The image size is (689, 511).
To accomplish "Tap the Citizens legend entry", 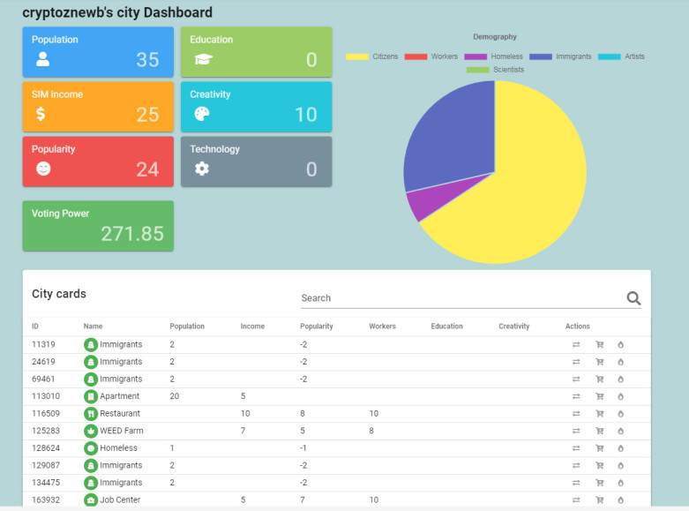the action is pyautogui.click(x=371, y=56).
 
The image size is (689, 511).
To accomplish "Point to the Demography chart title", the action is pyautogui.click(x=495, y=37).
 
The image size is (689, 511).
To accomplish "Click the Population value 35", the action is pyautogui.click(x=147, y=60).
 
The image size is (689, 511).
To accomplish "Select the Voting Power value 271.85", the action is pyautogui.click(x=132, y=234).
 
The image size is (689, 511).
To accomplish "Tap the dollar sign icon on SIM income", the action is pyautogui.click(x=41, y=114).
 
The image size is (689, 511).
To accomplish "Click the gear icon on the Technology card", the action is pyautogui.click(x=202, y=169).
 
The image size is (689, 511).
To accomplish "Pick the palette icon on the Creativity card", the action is pyautogui.click(x=202, y=114).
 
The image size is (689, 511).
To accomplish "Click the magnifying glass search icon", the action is pyautogui.click(x=633, y=298).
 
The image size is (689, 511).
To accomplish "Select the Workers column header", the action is pyautogui.click(x=382, y=327).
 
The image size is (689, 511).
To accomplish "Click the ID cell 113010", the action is pyautogui.click(x=46, y=396).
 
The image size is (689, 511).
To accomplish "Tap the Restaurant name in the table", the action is pyautogui.click(x=120, y=413).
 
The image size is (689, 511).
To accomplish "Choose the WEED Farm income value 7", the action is pyautogui.click(x=243, y=431).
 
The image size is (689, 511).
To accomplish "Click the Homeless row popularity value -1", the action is pyautogui.click(x=303, y=448).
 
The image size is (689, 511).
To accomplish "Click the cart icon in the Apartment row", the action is pyautogui.click(x=599, y=396).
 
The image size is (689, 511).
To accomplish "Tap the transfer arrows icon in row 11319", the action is pyautogui.click(x=576, y=345).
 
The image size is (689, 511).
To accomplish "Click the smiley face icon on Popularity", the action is pyautogui.click(x=43, y=169).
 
